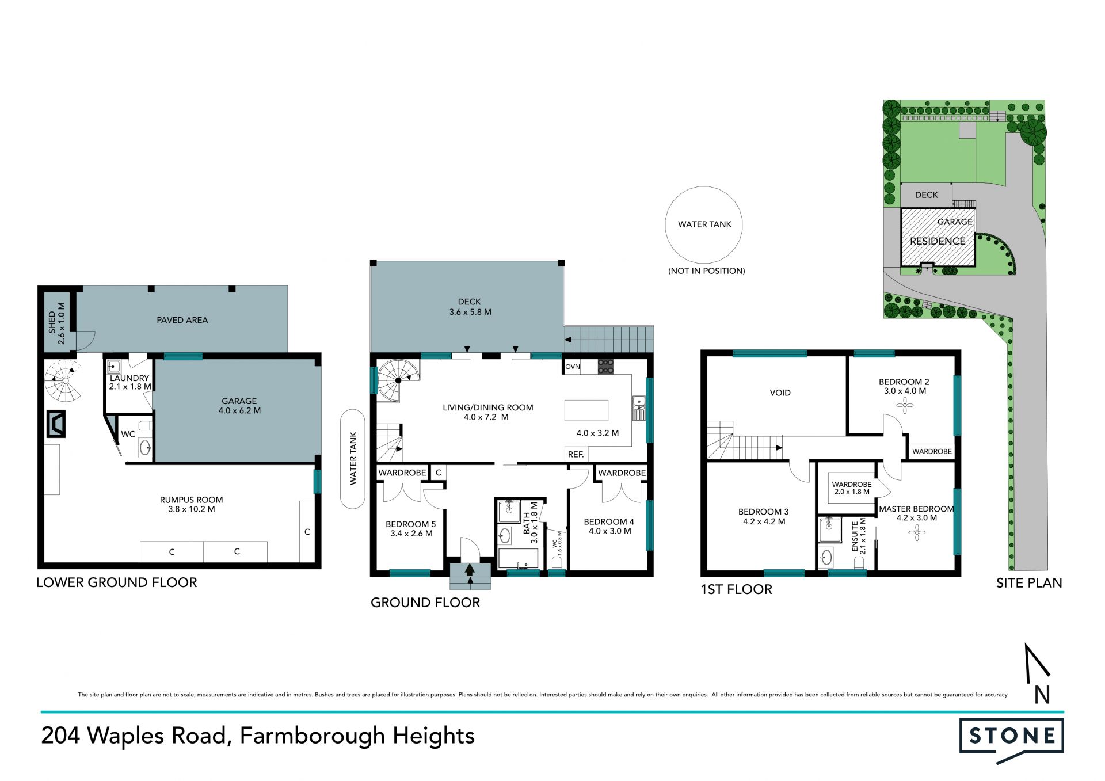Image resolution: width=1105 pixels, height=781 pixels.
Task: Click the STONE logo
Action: click(x=1011, y=740)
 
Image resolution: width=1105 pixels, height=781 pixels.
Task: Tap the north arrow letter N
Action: click(x=1042, y=695)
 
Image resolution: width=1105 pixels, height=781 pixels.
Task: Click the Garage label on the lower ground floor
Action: click(x=239, y=406)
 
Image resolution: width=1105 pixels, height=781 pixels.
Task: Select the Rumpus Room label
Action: click(x=192, y=505)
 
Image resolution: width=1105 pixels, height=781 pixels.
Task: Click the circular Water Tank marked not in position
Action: click(x=704, y=224)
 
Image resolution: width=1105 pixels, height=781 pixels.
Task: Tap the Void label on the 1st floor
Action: click(x=780, y=393)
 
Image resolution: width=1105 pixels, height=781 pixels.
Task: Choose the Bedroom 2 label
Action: click(x=904, y=386)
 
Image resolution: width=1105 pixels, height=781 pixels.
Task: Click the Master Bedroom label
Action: click(x=917, y=513)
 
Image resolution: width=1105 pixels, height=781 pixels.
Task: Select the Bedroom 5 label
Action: click(x=411, y=529)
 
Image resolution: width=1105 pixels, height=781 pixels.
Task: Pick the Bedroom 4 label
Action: click(x=609, y=527)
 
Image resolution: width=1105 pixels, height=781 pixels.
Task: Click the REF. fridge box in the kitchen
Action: click(x=576, y=454)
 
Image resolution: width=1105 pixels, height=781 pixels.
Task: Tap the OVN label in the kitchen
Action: click(x=573, y=367)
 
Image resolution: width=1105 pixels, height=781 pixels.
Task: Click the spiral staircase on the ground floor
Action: click(x=398, y=380)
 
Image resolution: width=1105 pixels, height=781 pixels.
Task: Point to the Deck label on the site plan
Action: click(x=927, y=195)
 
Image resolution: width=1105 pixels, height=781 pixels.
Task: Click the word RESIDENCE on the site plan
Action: click(x=938, y=241)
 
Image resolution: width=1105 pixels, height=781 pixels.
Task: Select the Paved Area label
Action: click(x=182, y=320)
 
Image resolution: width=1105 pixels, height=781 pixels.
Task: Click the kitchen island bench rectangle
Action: click(x=586, y=410)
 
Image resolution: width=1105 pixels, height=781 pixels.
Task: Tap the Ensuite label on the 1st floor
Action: click(x=859, y=536)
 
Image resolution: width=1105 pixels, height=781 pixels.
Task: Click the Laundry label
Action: click(x=130, y=382)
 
